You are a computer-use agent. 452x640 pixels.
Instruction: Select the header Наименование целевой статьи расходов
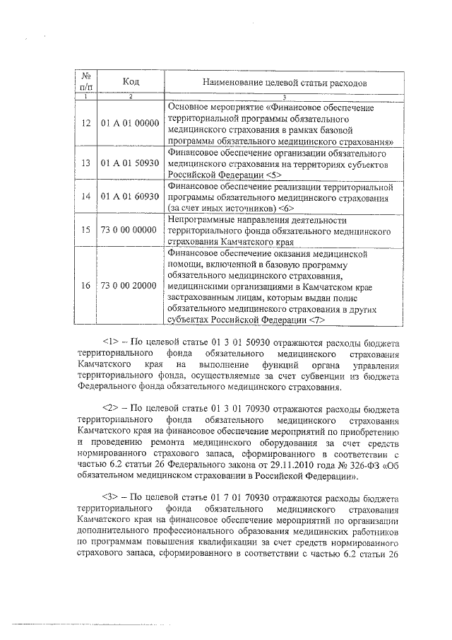click(284, 82)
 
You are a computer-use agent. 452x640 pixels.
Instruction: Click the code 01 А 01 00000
click(130, 123)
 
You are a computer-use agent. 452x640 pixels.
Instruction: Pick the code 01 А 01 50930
click(130, 163)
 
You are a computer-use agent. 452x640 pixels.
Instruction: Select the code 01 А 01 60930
click(130, 196)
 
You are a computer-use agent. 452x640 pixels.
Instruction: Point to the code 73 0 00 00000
click(130, 230)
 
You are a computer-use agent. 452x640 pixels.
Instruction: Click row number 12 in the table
click(85, 123)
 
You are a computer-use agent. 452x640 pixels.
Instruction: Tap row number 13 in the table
click(85, 163)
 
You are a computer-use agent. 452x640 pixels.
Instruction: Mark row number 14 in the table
click(85, 196)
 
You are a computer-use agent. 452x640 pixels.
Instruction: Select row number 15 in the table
click(85, 230)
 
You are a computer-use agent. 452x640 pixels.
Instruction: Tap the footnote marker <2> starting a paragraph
click(112, 409)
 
